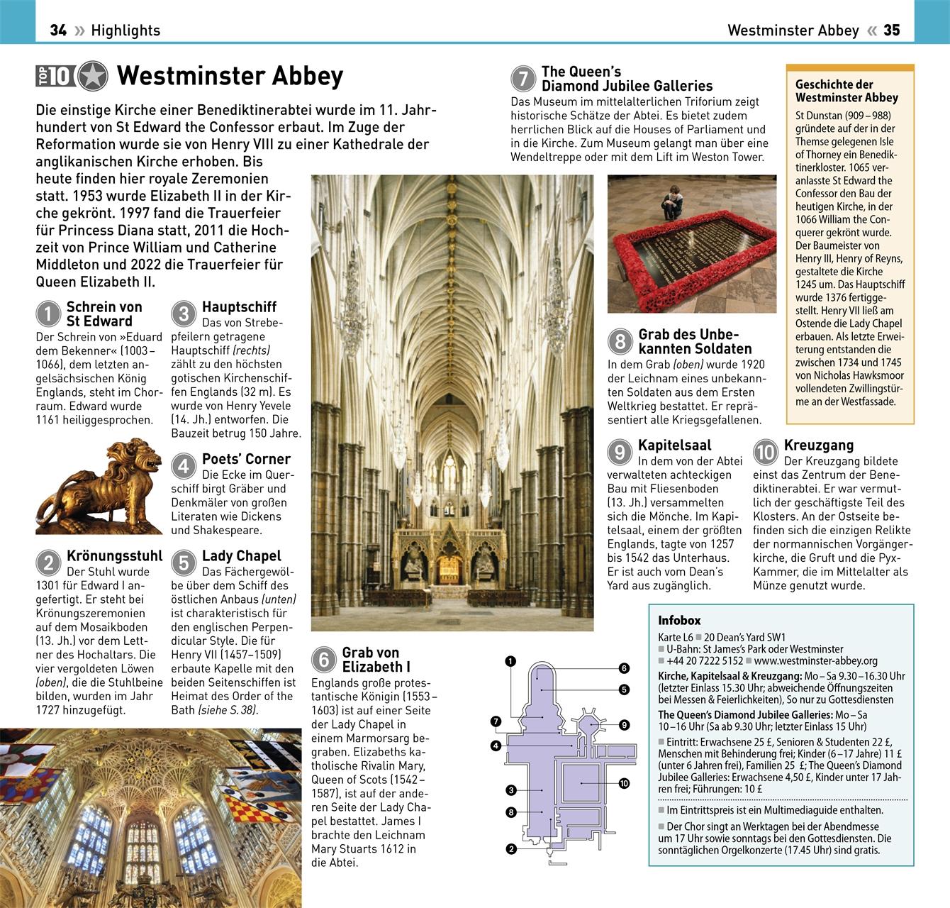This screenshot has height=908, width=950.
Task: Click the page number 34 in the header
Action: [x=58, y=30]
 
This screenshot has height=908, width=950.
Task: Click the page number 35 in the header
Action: [x=892, y=30]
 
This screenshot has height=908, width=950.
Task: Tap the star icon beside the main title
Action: [x=93, y=76]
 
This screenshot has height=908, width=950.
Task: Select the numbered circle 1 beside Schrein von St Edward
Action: [x=48, y=314]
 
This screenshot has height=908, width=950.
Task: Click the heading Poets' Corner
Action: [x=246, y=459]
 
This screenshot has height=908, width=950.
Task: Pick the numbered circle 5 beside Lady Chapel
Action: [x=184, y=563]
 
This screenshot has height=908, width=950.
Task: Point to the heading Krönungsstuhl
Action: [x=114, y=555]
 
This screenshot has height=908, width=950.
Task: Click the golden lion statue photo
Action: [x=99, y=486]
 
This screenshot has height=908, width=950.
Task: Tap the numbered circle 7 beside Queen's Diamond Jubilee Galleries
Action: [x=523, y=78]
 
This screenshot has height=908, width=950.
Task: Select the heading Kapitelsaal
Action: [x=674, y=445]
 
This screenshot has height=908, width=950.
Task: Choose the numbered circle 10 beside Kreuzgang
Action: [x=766, y=452]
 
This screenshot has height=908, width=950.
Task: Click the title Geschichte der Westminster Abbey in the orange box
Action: [x=846, y=91]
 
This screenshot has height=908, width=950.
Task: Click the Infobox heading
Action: [x=679, y=620]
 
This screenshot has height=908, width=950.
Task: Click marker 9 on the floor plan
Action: [x=624, y=725]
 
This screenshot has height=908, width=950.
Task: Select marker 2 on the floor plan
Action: [x=510, y=848]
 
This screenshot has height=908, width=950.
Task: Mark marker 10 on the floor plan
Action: [x=624, y=783]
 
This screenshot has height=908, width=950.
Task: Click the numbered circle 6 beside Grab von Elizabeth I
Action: [x=323, y=660]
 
